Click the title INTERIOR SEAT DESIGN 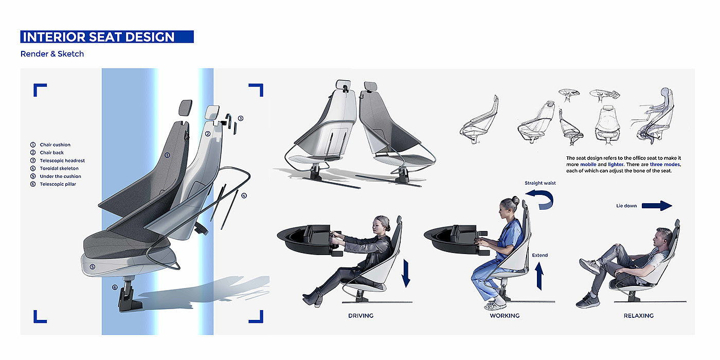click(99, 37)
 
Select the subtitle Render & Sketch click(52, 54)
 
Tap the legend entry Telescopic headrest click(62, 160)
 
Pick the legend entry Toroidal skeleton click(59, 169)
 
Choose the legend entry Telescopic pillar click(58, 184)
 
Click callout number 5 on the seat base click(92, 267)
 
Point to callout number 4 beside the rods click(244, 195)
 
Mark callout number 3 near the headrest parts click(241, 118)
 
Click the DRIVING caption click(361, 316)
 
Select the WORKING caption click(505, 316)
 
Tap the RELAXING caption click(639, 316)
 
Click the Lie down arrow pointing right click(657, 206)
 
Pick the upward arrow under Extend click(539, 276)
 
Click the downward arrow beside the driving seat click(406, 274)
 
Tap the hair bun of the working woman click(515, 201)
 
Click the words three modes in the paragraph click(664, 165)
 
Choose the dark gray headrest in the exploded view click(186, 108)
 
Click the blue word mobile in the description click(588, 165)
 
